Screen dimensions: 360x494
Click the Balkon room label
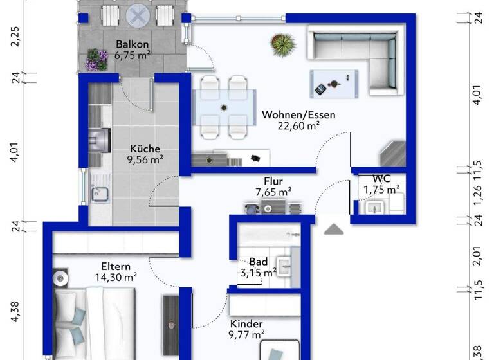pyautogui.click(x=133, y=44)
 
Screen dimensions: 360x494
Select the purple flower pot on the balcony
pyautogui.click(x=96, y=60)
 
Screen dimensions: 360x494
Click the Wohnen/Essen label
pyautogui.click(x=298, y=115)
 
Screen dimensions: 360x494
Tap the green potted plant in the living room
pyautogui.click(x=283, y=44)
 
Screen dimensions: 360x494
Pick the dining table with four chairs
pyautogui.click(x=224, y=107)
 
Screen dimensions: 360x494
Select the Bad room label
pyautogui.click(x=258, y=262)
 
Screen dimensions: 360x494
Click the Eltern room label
pyautogui.click(x=116, y=266)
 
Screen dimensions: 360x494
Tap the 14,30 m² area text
pyautogui.click(x=116, y=278)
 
